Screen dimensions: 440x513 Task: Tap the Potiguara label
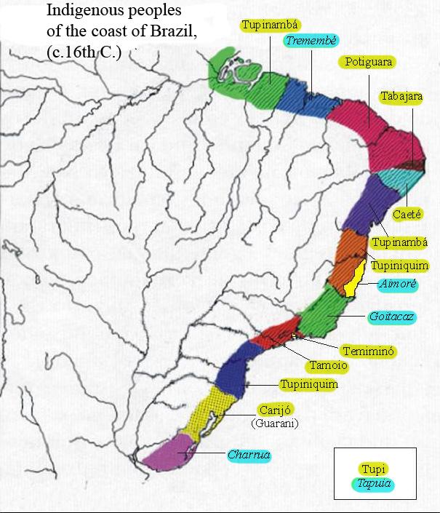[369, 62]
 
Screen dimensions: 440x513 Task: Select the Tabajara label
[401, 97]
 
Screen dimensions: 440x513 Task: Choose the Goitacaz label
[392, 318]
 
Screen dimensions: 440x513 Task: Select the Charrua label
[249, 455]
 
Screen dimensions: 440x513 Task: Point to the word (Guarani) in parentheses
[275, 423]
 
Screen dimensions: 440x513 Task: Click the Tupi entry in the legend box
[374, 469]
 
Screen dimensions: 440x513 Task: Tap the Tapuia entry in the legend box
[374, 482]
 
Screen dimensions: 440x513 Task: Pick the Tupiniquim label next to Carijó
[308, 384]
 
